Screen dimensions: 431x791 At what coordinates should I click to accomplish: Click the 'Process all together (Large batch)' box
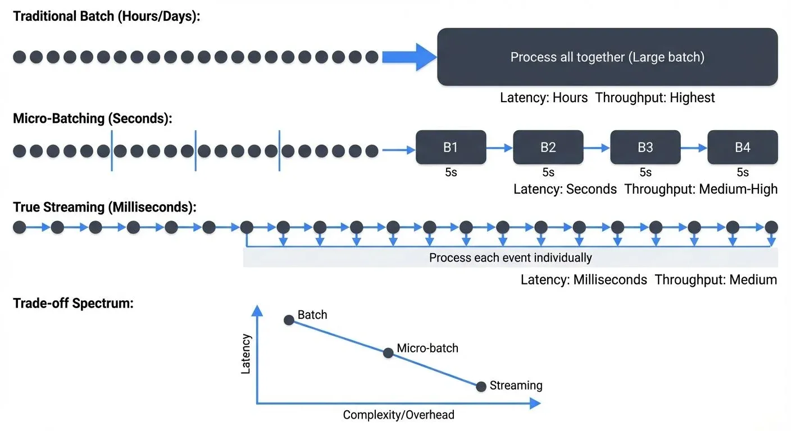[607, 57]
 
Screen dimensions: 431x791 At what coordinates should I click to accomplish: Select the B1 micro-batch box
[451, 147]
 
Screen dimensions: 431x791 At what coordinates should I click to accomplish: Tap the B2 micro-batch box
[548, 147]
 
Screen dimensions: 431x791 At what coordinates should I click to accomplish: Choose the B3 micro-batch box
[645, 147]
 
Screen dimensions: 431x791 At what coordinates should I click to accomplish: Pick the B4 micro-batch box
[742, 147]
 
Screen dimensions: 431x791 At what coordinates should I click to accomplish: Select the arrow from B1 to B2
[499, 148]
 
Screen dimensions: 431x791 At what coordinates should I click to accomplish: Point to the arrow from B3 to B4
[694, 148]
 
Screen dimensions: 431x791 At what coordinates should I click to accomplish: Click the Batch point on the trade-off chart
[289, 320]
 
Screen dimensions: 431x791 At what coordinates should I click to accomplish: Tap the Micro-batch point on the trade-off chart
[388, 353]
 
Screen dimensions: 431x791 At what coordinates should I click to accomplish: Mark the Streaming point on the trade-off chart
[481, 387]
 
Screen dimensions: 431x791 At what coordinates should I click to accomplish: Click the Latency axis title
[246, 354]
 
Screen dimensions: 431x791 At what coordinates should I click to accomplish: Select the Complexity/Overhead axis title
[398, 415]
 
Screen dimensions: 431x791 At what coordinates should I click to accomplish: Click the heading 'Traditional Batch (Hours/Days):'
[107, 16]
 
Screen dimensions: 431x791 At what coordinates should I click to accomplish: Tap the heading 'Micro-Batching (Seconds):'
[93, 118]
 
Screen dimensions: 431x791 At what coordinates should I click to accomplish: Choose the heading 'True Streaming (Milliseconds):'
[105, 207]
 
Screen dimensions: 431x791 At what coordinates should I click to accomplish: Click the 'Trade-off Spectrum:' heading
[73, 304]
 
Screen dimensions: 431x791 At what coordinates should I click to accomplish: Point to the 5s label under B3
[645, 172]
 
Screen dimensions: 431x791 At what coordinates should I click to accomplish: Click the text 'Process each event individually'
[510, 258]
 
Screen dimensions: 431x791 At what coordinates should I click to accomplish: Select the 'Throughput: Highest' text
[655, 98]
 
